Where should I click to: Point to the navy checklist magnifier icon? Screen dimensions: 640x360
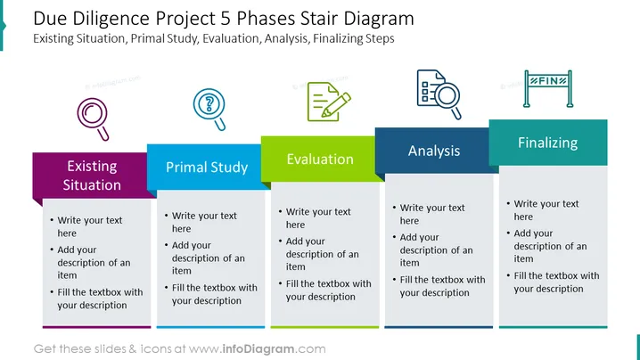pyautogui.click(x=439, y=94)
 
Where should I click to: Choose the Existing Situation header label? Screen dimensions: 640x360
pyautogui.click(x=92, y=176)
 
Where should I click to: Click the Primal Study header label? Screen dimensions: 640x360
pyautogui.click(x=207, y=168)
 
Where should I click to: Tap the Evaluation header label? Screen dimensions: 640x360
pyautogui.click(x=320, y=160)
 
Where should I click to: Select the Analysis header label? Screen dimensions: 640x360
pyautogui.click(x=434, y=151)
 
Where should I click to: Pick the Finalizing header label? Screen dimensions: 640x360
pyautogui.click(x=548, y=143)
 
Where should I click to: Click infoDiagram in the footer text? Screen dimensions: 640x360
pyautogui.click(x=258, y=349)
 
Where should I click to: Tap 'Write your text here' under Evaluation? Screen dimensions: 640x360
pyautogui.click(x=318, y=218)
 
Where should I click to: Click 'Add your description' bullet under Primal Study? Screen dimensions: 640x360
pyautogui.click(x=208, y=258)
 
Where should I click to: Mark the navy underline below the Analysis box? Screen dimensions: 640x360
pyautogui.click(x=439, y=327)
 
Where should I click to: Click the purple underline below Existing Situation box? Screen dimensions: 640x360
pyautogui.click(x=97, y=327)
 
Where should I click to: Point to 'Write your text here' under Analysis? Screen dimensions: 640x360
pyautogui.click(x=431, y=214)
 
